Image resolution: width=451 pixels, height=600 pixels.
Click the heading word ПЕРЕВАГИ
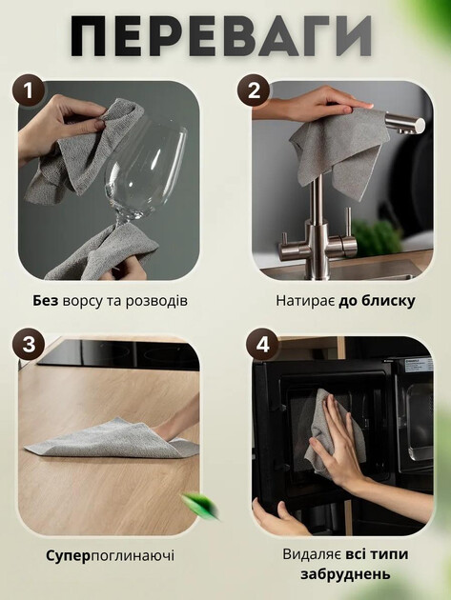coord(221,36)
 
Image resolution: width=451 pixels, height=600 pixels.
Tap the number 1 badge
coord(28,91)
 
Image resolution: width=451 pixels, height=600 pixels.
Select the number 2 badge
coord(254,90)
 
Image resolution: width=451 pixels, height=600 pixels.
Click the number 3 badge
coord(29,344)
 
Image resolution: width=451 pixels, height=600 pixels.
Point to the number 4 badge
coord(262,344)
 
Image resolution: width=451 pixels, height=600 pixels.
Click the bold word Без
coord(45,301)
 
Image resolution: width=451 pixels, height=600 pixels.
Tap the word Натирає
coord(305,301)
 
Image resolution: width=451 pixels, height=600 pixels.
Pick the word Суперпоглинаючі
coord(111,555)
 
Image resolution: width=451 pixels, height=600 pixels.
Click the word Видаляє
coord(312,554)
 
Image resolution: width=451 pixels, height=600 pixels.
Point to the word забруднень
coord(345,574)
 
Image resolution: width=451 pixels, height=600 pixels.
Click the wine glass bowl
coord(145,169)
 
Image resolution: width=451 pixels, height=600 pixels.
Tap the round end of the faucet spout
coord(420,125)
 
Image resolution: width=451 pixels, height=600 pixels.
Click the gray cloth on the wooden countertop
coord(115,439)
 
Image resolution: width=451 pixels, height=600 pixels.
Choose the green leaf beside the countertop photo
coord(200,505)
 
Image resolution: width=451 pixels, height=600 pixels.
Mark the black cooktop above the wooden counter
coord(119,354)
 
